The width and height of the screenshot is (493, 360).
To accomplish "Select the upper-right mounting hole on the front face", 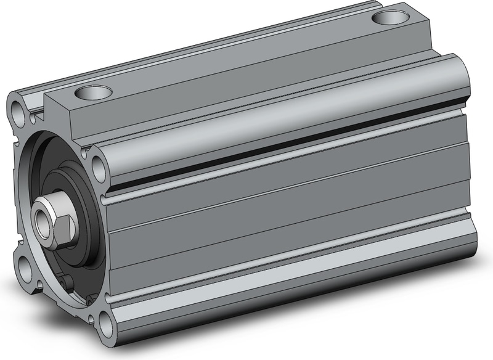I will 97,166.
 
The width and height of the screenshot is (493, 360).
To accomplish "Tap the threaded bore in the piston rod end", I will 43,219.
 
